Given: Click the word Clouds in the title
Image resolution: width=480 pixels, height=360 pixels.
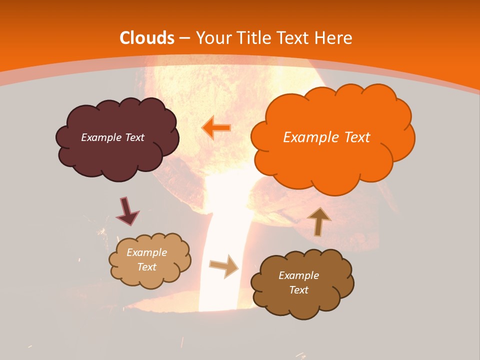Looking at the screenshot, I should (x=147, y=38).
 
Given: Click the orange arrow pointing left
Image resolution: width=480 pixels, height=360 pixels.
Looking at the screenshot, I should (x=216, y=128).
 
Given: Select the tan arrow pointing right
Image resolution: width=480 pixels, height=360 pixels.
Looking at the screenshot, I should (x=224, y=266).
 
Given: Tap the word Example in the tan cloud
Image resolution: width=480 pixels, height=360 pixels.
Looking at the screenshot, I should (x=146, y=253).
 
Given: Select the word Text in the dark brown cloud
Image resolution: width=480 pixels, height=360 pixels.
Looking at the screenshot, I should (x=298, y=290).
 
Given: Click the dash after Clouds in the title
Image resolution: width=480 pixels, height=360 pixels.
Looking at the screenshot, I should (x=185, y=38).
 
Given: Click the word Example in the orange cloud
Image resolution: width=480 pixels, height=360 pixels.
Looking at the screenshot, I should (x=311, y=137).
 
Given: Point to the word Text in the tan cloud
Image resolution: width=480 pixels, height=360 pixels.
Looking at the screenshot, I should (x=146, y=267).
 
